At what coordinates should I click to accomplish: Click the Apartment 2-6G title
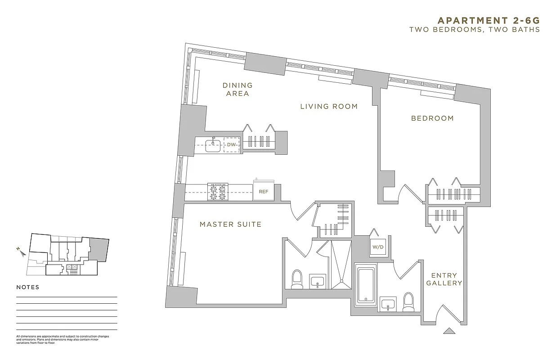(x=488, y=20)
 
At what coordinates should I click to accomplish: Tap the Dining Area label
(x=238, y=89)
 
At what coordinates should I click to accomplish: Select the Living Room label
(x=329, y=107)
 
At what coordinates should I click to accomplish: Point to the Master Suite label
(x=230, y=224)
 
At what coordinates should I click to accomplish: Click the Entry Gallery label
(x=444, y=279)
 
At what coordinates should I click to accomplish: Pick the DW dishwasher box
(x=232, y=144)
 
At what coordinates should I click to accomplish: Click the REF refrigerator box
(x=263, y=192)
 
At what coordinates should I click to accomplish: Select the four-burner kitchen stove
(x=218, y=192)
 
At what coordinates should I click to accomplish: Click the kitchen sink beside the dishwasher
(x=212, y=145)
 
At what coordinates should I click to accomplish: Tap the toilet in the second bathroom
(x=408, y=302)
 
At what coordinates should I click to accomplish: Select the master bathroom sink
(x=318, y=281)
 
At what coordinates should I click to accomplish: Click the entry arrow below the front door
(x=449, y=331)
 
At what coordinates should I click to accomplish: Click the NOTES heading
(x=28, y=287)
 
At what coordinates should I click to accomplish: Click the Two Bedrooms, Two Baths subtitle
(x=474, y=30)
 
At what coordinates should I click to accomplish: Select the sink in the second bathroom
(x=388, y=304)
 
